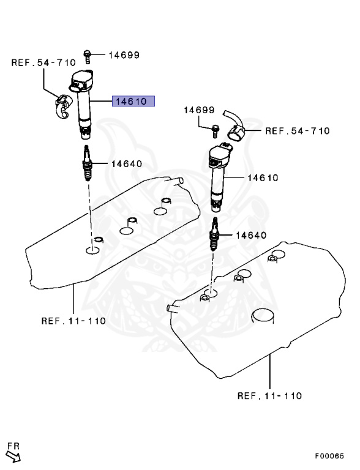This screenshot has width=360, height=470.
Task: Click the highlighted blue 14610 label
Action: (133, 102)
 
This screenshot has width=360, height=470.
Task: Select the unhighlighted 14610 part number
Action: (263, 178)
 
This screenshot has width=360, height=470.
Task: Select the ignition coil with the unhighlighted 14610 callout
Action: (219, 174)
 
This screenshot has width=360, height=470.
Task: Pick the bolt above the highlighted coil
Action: (88, 56)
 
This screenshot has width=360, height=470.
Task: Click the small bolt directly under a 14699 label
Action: (216, 129)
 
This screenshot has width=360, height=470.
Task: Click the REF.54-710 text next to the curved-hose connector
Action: (297, 130)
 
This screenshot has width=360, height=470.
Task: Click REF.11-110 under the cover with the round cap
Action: (269, 395)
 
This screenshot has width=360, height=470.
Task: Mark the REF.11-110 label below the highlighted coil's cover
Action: (73, 321)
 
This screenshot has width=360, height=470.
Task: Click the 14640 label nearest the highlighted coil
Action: (126, 163)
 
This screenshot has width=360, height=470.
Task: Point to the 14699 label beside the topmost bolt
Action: (124, 55)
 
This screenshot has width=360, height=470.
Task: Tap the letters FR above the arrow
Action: (12, 446)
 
